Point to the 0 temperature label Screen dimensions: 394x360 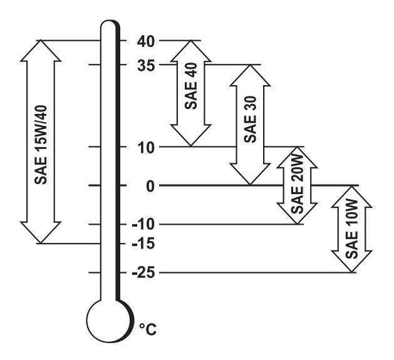[x=147, y=186]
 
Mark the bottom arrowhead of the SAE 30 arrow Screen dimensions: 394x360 [x=251, y=175]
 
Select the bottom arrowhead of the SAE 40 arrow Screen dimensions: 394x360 [x=192, y=137]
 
